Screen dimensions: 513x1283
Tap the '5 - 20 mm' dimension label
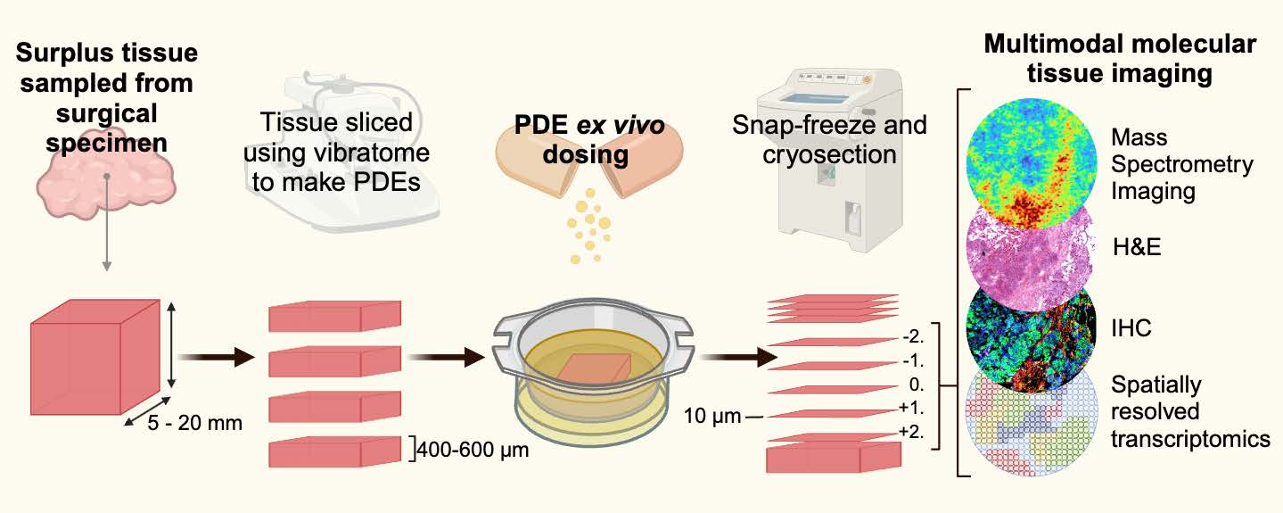coord(193,422)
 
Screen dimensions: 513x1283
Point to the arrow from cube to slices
coord(211,358)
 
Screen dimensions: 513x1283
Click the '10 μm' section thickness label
coord(710,415)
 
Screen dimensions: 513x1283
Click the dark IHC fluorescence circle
coord(1031,332)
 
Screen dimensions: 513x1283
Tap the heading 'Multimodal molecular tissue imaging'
coord(1119,60)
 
